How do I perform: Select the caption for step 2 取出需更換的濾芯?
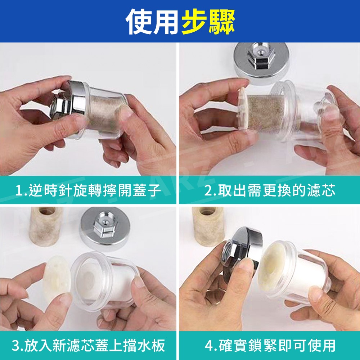pos(270,190)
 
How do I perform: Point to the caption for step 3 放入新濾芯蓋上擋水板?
pos(89,346)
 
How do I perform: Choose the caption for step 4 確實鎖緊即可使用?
pos(270,346)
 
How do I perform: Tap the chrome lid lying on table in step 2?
pos(261,62)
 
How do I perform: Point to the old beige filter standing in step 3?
pos(46,226)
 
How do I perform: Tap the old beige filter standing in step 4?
pos(208,226)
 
